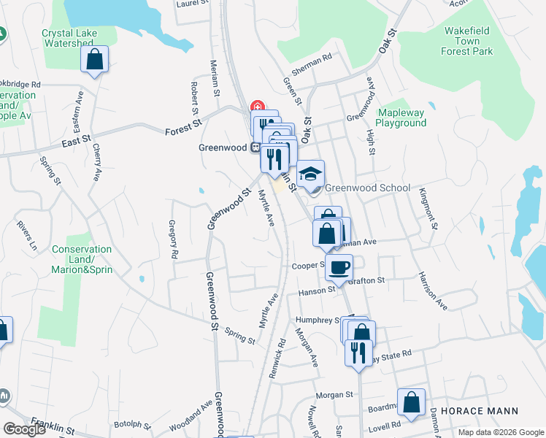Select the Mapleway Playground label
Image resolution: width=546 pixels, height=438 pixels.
401,118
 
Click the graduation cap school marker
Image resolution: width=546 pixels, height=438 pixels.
311,173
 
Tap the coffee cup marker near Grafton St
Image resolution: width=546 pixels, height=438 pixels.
339,267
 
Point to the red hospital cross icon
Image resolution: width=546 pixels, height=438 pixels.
256,105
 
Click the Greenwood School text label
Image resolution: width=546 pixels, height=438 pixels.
367,188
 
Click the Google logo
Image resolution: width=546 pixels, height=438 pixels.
25,429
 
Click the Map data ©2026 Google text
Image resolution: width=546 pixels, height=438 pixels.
499,432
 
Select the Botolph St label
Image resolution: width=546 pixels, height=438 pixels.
132,424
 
